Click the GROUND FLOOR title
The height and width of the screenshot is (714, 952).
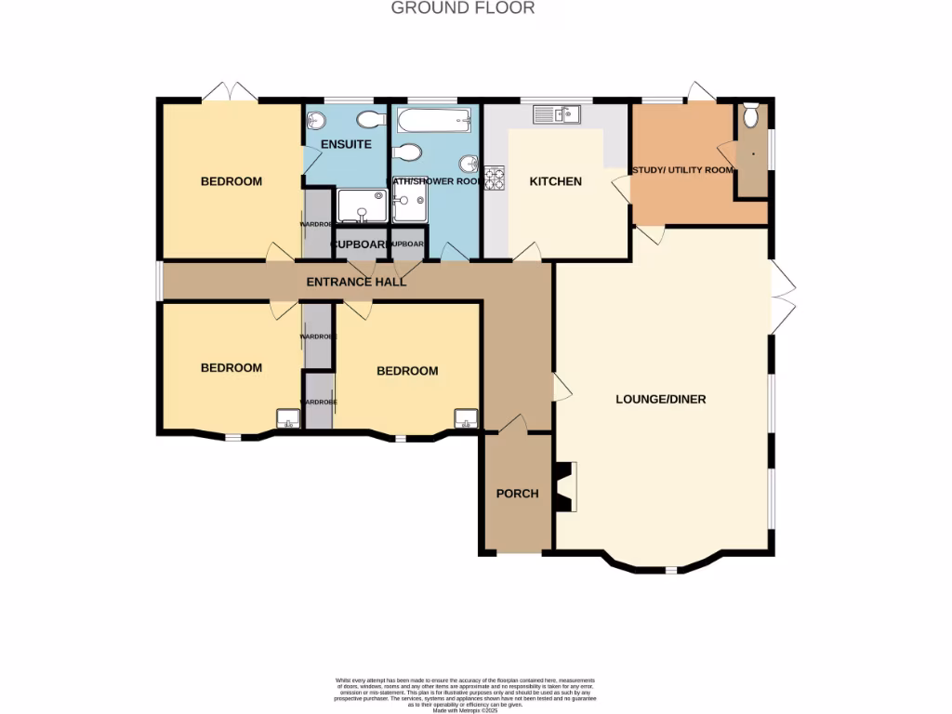click(463, 8)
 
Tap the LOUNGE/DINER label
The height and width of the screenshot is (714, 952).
click(661, 400)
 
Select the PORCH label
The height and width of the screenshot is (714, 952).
click(517, 494)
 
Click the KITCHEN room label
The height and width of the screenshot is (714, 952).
click(555, 181)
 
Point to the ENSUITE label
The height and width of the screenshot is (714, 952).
click(346, 144)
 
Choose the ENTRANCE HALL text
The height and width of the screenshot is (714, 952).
click(357, 281)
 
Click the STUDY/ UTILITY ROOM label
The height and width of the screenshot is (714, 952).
click(682, 170)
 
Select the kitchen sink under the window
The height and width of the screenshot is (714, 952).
click(556, 114)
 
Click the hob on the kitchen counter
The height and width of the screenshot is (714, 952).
click(494, 178)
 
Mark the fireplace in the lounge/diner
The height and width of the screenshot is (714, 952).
click(565, 487)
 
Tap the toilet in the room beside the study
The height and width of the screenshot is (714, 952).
click(751, 117)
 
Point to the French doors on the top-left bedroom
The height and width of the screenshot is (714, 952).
click(230, 91)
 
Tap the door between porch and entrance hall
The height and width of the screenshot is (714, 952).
click(511, 424)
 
